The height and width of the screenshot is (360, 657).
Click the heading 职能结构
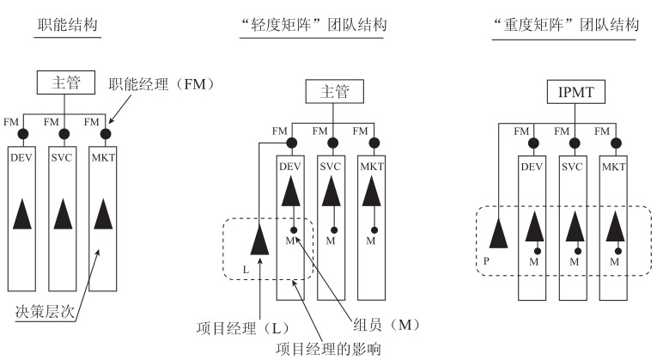(x=67, y=26)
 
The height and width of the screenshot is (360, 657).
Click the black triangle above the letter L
(x=258, y=239)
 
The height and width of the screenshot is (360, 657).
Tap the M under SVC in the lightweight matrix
(x=329, y=241)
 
